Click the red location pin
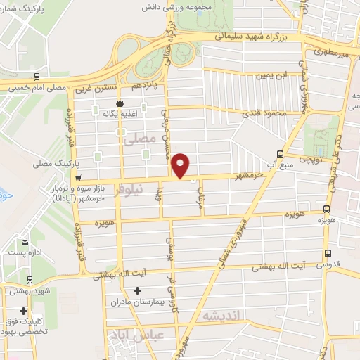181,165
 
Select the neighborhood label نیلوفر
132,188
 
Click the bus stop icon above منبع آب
280,154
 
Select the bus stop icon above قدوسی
327,254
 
